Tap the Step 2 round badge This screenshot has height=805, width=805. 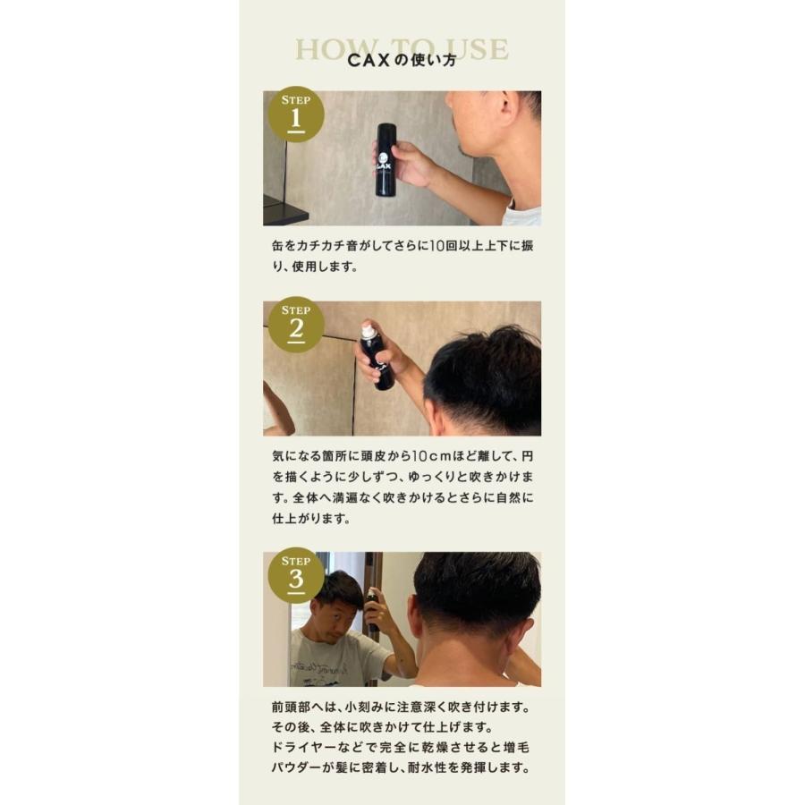tap(296, 324)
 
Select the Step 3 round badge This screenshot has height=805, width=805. tap(296, 574)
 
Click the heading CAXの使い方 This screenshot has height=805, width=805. tap(402, 61)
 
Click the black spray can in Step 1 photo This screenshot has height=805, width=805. tap(386, 159)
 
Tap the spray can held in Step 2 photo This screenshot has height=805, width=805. tap(377, 358)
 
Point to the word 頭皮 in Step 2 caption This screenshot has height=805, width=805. tap(410, 454)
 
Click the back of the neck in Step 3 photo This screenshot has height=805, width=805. tap(465, 657)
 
